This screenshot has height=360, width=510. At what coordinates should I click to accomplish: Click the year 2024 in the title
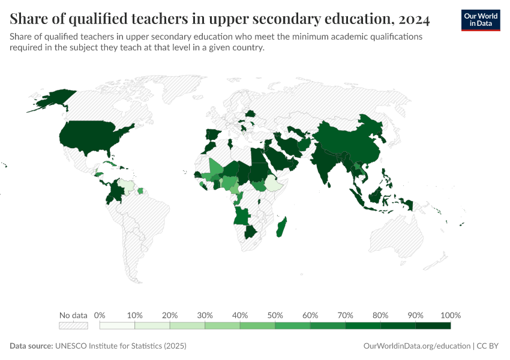[413, 20]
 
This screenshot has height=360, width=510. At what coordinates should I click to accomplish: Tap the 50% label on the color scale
[275, 315]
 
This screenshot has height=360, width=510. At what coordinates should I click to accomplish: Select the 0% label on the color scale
[100, 315]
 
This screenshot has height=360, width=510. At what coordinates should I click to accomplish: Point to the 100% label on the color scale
[450, 315]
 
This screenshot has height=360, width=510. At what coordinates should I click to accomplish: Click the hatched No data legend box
[73, 326]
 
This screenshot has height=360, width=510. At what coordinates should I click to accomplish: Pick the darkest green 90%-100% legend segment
[433, 326]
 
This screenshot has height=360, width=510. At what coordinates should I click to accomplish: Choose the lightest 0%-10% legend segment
[117, 326]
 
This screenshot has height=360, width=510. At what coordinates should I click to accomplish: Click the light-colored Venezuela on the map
[127, 185]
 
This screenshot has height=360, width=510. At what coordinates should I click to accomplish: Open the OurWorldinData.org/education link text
[416, 346]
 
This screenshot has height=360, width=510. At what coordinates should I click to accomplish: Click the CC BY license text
[488, 346]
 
